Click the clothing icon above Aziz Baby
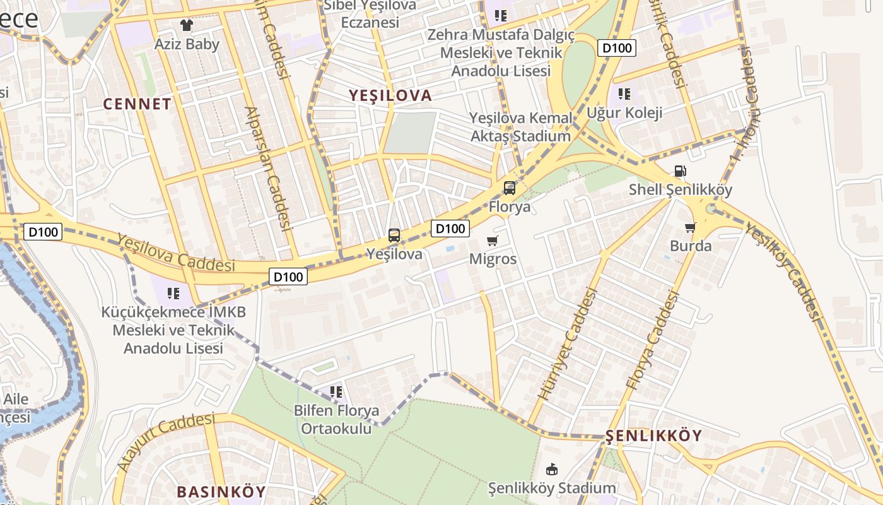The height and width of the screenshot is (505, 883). point(186,25)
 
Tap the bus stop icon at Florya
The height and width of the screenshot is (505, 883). point(509,187)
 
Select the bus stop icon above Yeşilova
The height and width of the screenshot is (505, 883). point(394,235)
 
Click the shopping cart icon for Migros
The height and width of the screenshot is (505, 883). point(493,241)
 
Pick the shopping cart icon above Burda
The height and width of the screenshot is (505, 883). point(691,227)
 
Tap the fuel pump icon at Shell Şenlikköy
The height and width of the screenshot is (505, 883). point(680,170)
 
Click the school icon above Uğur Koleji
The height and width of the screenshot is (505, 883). point(624,94)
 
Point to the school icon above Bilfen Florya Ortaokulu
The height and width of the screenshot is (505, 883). point(336,392)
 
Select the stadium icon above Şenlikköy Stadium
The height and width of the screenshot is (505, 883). point(552,469)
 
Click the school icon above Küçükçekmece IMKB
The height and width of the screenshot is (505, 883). point(173,293)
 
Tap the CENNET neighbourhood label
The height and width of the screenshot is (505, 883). point(137,104)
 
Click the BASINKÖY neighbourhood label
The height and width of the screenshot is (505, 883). point(221,492)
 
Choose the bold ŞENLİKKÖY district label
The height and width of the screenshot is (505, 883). point(653,436)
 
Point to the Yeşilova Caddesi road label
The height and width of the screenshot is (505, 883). point(176,252)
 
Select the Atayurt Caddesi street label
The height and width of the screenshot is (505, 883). point(166,442)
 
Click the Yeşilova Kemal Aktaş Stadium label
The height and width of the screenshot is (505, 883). point(521,127)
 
